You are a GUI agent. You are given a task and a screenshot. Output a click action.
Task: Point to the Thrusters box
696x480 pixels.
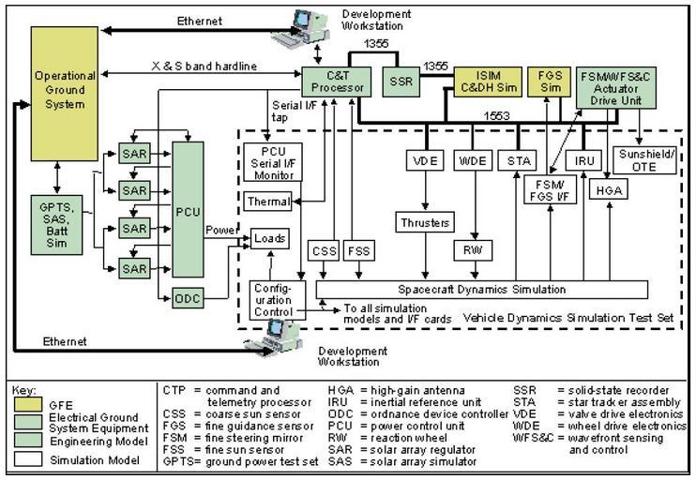[x=429, y=223]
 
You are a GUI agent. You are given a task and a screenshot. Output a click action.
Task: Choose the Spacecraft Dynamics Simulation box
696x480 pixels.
[x=482, y=289]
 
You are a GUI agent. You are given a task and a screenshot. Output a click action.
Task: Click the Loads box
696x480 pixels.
[x=269, y=240]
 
